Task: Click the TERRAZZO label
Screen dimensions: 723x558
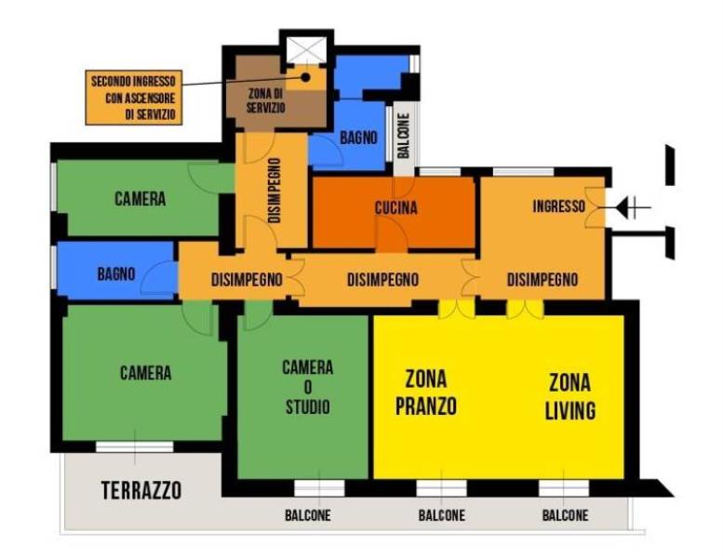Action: tap(141, 490)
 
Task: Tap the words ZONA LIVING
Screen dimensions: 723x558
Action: tap(570, 397)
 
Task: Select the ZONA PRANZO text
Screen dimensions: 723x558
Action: tap(426, 392)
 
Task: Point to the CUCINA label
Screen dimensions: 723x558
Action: tap(396, 207)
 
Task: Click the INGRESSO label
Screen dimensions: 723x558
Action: tap(559, 206)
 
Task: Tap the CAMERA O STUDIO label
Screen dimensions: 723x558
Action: tap(308, 387)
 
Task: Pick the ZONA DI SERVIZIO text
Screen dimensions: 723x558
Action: tap(265, 100)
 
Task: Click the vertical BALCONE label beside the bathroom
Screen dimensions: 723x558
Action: tap(404, 136)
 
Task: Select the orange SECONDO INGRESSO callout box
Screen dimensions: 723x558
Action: tap(134, 98)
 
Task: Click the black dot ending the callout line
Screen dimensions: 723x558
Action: tap(305, 77)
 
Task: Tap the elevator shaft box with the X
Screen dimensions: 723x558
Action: tap(306, 49)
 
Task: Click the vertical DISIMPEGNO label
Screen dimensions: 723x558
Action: tap(274, 191)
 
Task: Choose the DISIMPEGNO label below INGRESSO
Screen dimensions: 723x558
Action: tap(542, 280)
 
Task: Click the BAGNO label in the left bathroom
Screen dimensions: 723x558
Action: tap(116, 274)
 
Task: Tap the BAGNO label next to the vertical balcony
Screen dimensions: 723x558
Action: tap(358, 138)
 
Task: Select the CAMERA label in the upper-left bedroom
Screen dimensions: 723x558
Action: tap(141, 199)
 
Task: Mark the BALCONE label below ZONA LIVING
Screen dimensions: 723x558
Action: tap(566, 515)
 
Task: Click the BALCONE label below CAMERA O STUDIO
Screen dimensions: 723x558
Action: tap(308, 515)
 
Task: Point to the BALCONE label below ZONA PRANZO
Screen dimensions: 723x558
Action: tap(442, 515)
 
